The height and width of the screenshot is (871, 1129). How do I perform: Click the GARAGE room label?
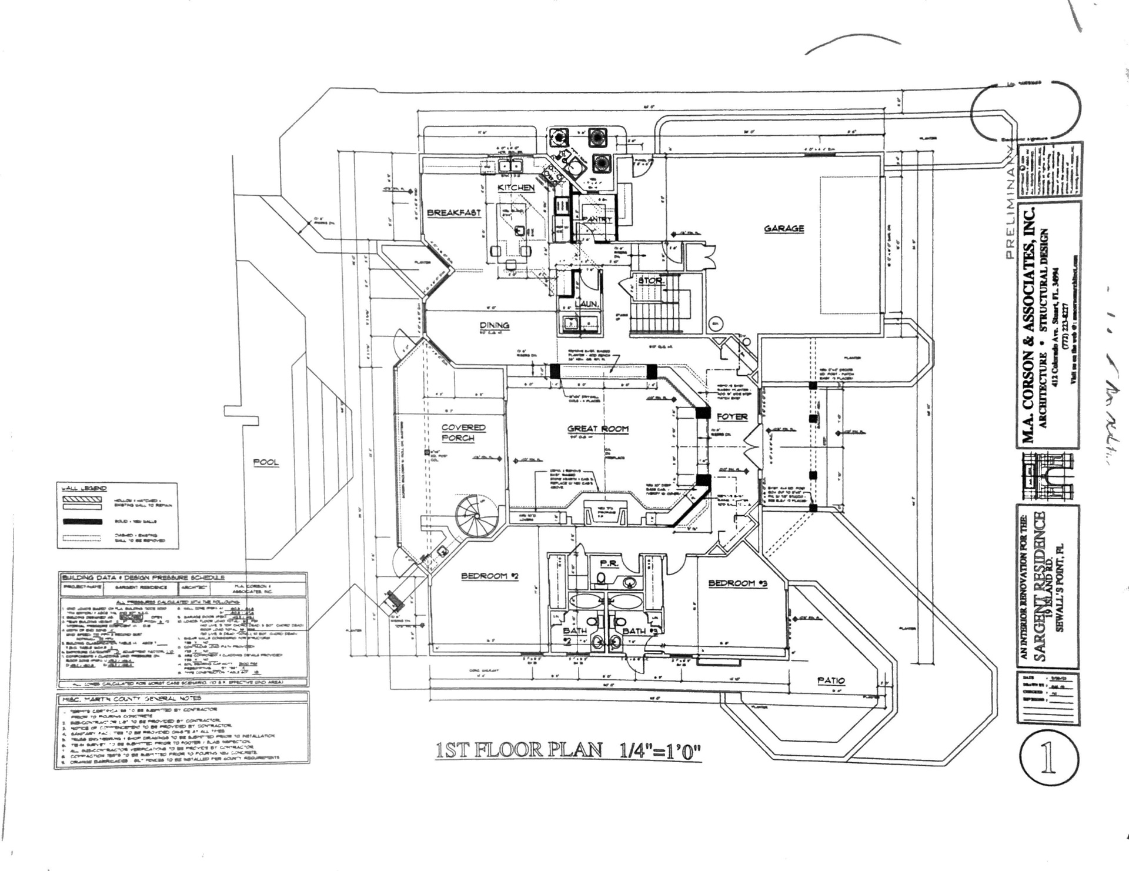point(784,229)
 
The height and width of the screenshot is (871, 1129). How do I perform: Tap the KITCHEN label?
point(516,188)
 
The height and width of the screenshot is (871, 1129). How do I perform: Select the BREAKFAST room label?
point(453,213)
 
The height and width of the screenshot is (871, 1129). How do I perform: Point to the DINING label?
point(494,325)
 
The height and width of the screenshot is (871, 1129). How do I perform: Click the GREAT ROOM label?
point(597,429)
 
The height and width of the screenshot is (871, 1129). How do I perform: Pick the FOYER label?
point(732,417)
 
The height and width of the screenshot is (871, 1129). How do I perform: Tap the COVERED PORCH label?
point(463,433)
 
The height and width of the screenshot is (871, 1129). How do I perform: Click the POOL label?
point(266,462)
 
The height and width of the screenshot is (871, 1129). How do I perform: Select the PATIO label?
point(831,680)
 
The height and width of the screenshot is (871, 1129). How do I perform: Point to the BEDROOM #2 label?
point(489,576)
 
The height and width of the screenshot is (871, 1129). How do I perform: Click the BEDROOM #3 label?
point(738,583)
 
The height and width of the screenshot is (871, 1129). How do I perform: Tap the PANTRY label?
point(596,219)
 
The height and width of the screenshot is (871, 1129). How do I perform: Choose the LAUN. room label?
point(586,304)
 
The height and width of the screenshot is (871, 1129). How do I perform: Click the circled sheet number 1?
point(1048,759)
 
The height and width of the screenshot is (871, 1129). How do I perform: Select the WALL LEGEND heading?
point(85,488)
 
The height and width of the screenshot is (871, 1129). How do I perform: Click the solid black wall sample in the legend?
point(82,522)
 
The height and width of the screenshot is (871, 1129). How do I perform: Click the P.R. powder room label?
point(609,563)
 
